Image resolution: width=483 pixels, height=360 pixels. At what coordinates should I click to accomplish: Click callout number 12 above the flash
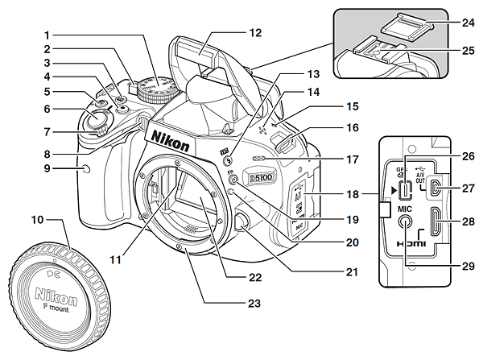tap(255, 34)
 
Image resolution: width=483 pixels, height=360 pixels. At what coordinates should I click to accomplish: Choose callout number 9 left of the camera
tap(47, 168)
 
